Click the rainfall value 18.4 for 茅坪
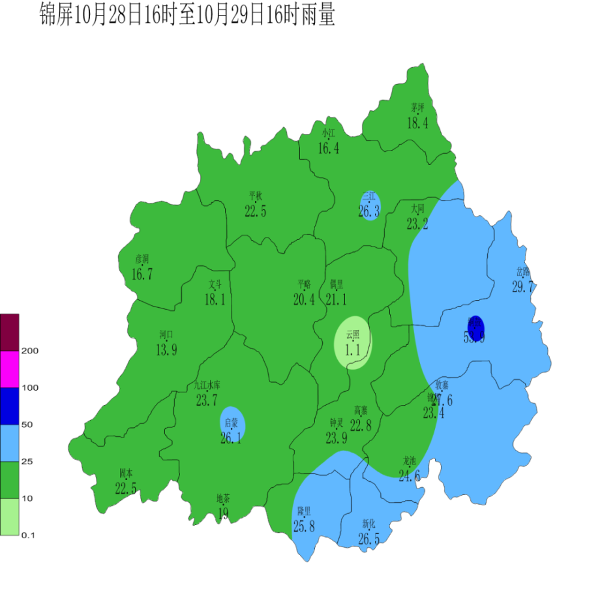(418, 124)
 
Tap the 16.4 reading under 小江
(328, 148)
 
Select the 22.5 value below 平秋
(255, 211)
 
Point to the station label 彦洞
(142, 259)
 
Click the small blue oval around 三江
(370, 205)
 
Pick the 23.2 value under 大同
(417, 224)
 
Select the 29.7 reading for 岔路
(523, 287)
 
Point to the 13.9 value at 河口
(166, 350)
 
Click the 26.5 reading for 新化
(368, 539)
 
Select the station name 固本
(126, 473)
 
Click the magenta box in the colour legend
(10, 369)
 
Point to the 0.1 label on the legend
(28, 535)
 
